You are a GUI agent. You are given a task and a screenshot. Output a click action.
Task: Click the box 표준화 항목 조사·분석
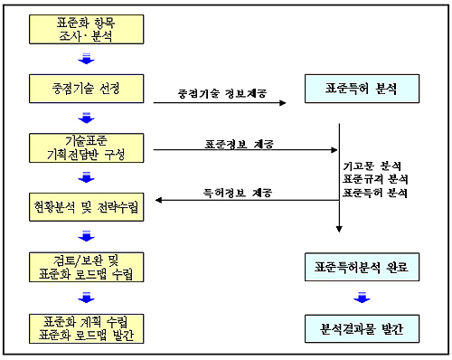pyautogui.click(x=87, y=29)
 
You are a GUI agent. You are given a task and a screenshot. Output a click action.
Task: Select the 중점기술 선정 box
pyautogui.click(x=87, y=89)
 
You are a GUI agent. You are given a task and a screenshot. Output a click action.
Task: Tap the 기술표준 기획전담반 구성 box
pyautogui.click(x=87, y=147)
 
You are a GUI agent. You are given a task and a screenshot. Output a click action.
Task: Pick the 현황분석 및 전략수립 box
pyautogui.click(x=87, y=207)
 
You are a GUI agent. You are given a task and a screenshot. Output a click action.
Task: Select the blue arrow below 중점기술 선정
pyautogui.click(x=87, y=118)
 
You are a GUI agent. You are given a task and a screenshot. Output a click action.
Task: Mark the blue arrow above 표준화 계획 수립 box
pyautogui.click(x=87, y=296)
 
